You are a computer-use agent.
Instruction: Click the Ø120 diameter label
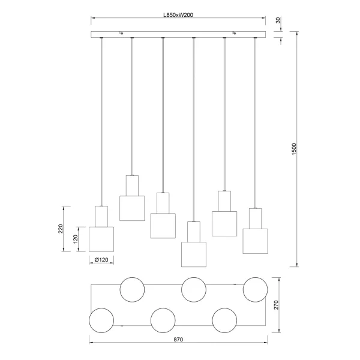[101, 260]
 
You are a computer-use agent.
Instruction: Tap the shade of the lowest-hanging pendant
[193, 253]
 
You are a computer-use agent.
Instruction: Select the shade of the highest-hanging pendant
[131, 208]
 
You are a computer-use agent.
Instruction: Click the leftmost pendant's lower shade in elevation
[101, 239]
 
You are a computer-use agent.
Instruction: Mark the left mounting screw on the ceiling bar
[122, 34]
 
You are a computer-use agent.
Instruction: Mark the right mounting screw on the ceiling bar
[235, 34]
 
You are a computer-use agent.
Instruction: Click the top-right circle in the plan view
[254, 289]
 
